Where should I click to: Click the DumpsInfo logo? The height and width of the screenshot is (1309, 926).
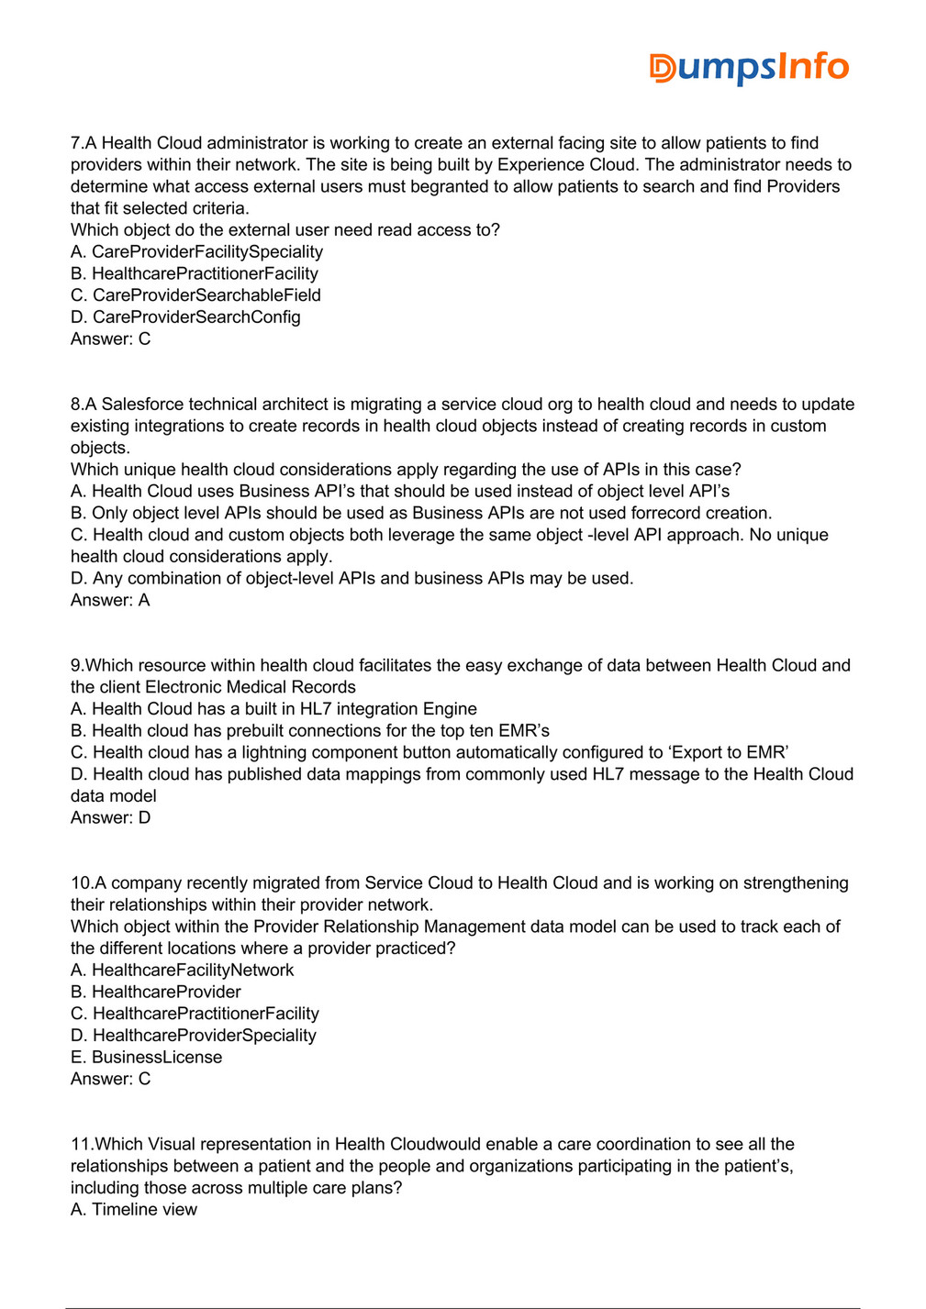tap(749, 67)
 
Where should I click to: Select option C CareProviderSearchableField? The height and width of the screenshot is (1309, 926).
tap(195, 295)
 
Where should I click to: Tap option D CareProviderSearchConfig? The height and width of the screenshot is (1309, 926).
tap(185, 317)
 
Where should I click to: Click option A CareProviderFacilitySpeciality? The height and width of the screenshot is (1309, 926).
tap(196, 251)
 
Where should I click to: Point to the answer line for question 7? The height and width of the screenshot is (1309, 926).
tap(110, 338)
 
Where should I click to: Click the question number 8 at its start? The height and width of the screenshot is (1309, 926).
tap(76, 405)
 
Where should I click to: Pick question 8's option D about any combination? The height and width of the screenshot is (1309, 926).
tap(351, 579)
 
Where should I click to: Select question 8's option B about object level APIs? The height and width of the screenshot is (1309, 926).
tap(421, 513)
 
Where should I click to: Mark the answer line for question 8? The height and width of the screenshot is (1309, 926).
tap(110, 600)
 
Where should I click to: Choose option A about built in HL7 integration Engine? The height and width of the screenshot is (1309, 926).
tap(273, 709)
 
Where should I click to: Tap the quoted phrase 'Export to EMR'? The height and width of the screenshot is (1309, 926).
tap(729, 753)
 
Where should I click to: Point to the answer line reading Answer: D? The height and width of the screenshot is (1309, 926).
tap(110, 817)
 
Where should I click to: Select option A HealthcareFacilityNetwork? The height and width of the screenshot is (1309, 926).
tap(182, 970)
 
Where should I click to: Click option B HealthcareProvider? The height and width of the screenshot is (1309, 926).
tap(156, 992)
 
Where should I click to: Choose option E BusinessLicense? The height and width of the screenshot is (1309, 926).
tap(146, 1058)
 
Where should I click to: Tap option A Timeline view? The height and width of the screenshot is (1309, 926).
tap(134, 1210)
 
